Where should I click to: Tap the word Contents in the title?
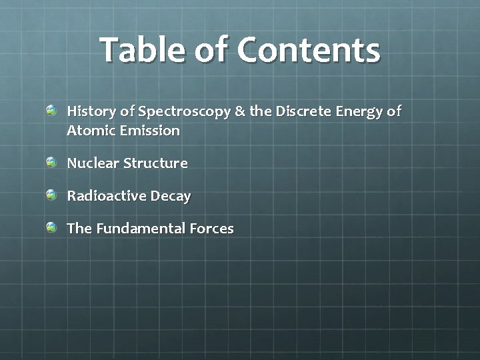coord(308,50)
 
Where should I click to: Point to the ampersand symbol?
coord(240,111)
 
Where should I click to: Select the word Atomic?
coord(90,131)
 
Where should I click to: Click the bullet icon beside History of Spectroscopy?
coord(52,109)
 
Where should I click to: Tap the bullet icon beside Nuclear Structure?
coord(52,162)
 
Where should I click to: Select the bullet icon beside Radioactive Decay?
coord(52,195)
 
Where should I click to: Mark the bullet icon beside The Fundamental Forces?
coord(52,227)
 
